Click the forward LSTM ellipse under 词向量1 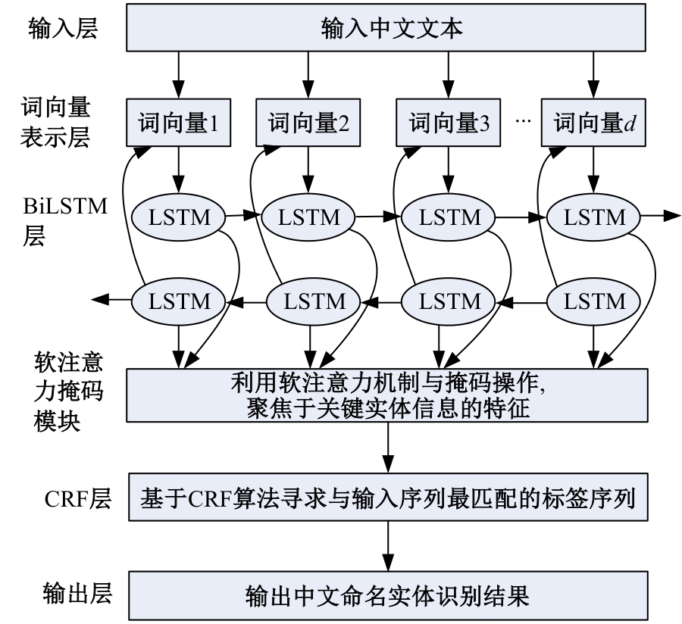[x=178, y=217]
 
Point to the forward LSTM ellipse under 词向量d [x=590, y=217]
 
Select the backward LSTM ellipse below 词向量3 [x=442, y=301]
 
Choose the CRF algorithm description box [x=387, y=498]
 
